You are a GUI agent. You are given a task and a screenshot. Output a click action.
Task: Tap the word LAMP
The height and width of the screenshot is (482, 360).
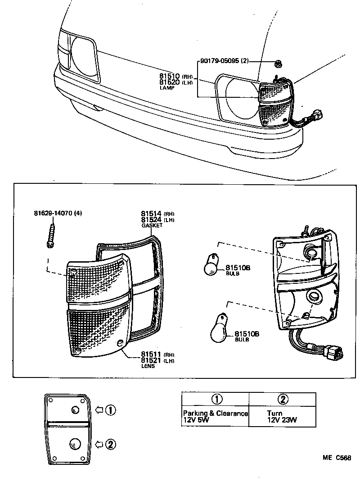click(166, 88)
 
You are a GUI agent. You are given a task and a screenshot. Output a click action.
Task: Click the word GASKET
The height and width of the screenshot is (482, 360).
click(151, 225)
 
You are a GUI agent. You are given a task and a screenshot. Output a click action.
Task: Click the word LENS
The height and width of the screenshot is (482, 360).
click(148, 366)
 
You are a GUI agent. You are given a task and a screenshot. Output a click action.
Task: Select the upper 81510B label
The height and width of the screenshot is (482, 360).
click(237, 268)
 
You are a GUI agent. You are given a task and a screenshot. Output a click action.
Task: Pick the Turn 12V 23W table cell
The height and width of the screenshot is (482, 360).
click(282, 417)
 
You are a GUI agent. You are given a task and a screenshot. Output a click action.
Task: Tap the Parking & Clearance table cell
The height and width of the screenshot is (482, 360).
click(215, 417)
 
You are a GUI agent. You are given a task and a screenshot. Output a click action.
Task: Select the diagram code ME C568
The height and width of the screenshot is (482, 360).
click(336, 458)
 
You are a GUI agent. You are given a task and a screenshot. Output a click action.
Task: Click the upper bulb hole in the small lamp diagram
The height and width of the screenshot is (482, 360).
click(75, 409)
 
